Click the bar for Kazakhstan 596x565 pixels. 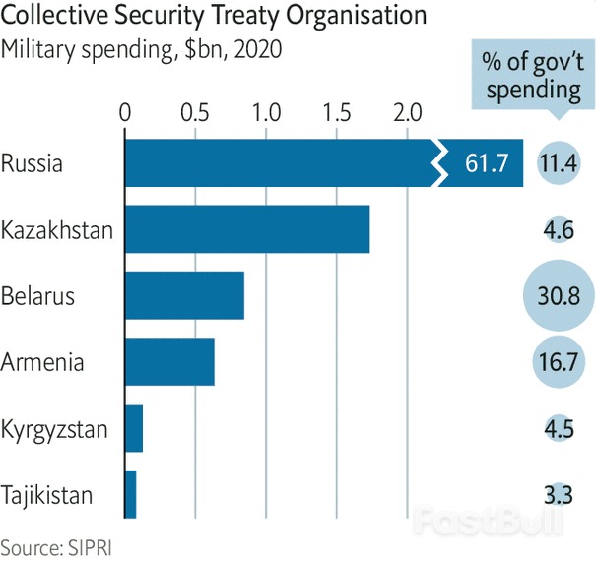[x=246, y=229]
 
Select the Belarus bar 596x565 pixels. [x=184, y=295]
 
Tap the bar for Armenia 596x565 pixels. [x=169, y=361]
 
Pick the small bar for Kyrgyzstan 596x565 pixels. [x=134, y=428]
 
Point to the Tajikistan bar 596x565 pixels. [x=131, y=493]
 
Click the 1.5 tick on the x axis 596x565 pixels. [x=337, y=110]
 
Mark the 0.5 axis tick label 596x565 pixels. [x=195, y=110]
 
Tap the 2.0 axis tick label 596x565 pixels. [x=408, y=110]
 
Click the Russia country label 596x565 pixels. [x=32, y=163]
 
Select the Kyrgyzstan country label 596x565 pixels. [x=55, y=429]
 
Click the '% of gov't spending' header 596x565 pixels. [x=531, y=76]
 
